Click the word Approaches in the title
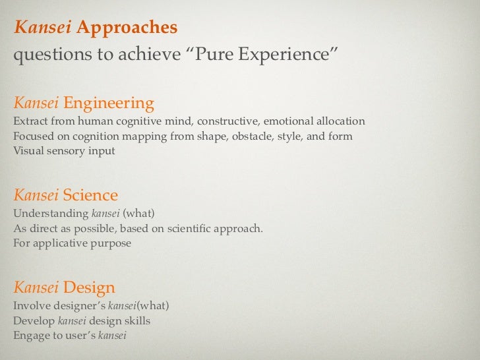click(x=127, y=28)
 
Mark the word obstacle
click(x=246, y=136)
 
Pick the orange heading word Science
click(x=90, y=195)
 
